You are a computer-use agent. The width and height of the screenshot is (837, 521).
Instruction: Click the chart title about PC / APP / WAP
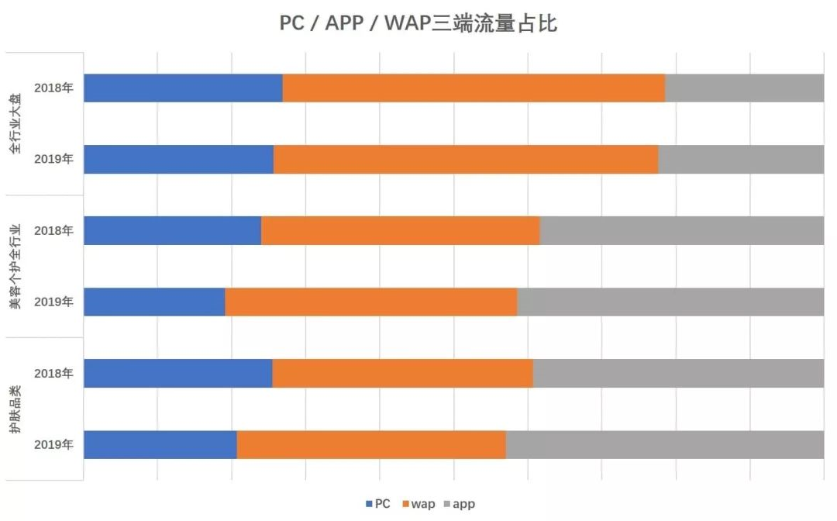coord(418,24)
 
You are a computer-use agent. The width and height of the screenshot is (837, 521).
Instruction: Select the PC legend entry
coord(377,504)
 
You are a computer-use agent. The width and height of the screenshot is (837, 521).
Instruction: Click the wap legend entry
coord(418,504)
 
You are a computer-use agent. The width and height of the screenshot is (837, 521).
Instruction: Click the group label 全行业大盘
coord(16,124)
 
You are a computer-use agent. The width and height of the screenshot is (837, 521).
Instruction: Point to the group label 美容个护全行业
coord(16,267)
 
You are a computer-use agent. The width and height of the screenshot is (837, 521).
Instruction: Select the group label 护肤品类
coord(16,409)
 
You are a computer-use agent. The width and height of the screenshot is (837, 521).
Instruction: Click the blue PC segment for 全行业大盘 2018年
coord(183,88)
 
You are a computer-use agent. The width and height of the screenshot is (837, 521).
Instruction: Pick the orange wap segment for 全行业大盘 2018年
coord(474,88)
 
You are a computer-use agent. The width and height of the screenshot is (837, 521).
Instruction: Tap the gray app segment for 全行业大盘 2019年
coord(741,159)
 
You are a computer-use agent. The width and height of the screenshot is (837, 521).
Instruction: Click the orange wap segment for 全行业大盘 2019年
coord(466,159)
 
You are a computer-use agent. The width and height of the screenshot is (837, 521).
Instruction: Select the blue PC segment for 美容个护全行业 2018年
coord(172,231)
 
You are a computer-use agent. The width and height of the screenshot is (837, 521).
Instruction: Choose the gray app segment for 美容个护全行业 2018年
coord(681,231)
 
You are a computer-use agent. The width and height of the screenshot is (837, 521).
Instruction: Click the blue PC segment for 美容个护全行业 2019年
coord(154,302)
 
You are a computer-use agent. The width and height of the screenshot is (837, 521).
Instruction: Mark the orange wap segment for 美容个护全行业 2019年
coord(370,302)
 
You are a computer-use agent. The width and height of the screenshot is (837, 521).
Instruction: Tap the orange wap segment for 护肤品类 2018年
coord(402,374)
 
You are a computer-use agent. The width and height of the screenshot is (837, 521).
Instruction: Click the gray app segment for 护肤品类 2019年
coord(665,444)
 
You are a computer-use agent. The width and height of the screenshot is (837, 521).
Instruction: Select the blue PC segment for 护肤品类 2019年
coord(160,444)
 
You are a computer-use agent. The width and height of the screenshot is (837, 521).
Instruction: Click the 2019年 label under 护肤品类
coord(53,444)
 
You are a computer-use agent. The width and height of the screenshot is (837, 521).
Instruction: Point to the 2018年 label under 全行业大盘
coord(53,88)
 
